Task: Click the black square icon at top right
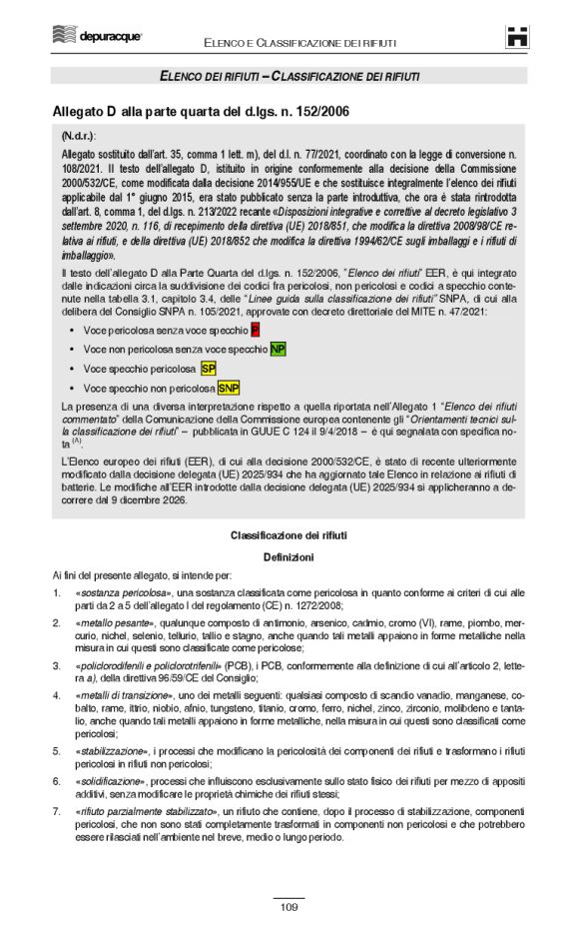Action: pyautogui.click(x=517, y=38)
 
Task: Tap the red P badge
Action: pyautogui.click(x=255, y=329)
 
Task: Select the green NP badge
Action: pyautogui.click(x=278, y=348)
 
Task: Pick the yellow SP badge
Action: pyautogui.click(x=209, y=368)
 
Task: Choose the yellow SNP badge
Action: pyautogui.click(x=229, y=388)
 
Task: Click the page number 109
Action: pyautogui.click(x=289, y=907)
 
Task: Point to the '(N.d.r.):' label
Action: pyautogui.click(x=79, y=134)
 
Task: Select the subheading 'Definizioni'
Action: pyautogui.click(x=289, y=555)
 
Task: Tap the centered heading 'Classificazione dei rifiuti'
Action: pyautogui.click(x=289, y=536)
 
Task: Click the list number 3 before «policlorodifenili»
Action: pyautogui.click(x=56, y=664)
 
